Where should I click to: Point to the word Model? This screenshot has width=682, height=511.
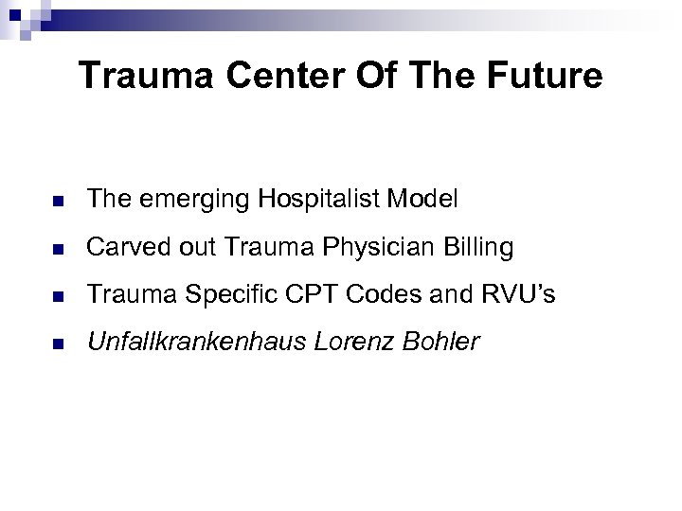(422, 200)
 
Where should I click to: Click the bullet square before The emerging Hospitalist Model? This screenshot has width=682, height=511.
(57, 201)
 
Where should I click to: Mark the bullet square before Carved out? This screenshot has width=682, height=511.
(57, 249)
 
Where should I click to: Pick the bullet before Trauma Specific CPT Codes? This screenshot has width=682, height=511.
(57, 296)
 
